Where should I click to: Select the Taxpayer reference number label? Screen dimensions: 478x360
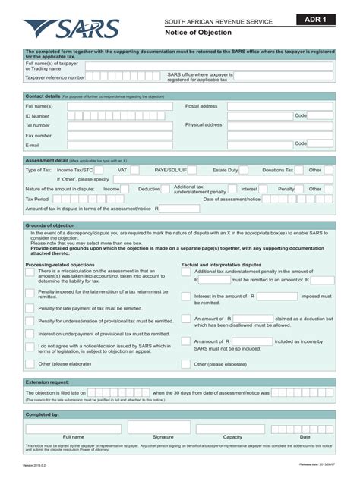55,77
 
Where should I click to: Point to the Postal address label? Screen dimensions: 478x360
201,106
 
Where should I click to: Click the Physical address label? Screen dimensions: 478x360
204,124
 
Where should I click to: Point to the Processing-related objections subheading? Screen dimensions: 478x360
60,265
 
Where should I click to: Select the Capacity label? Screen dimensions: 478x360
232,437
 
